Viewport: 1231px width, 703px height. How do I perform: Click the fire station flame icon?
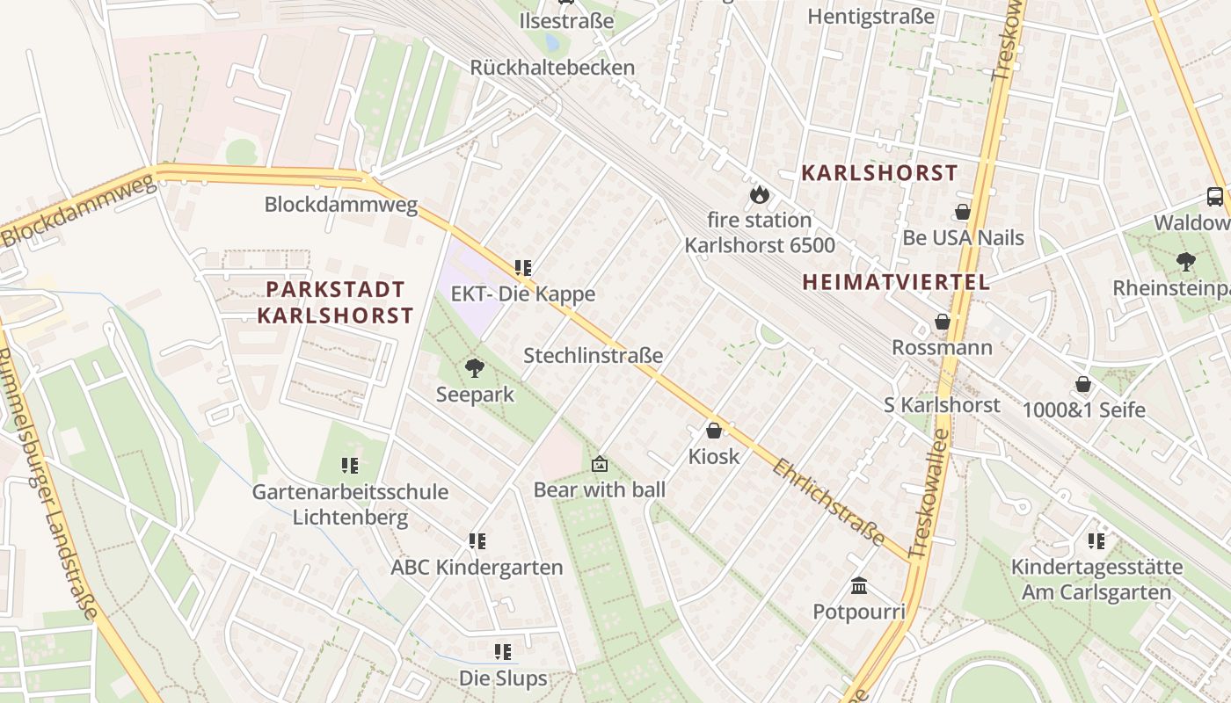click(758, 194)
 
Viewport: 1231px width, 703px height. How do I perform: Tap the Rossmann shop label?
click(942, 347)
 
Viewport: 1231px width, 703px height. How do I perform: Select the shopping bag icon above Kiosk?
click(714, 431)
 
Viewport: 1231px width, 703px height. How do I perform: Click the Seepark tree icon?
click(475, 367)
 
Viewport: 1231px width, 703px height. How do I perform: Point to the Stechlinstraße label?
click(593, 356)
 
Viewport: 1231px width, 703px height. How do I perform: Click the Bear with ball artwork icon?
click(600, 463)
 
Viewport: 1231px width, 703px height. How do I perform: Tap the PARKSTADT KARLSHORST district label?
click(335, 302)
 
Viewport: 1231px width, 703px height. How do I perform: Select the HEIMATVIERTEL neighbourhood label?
click(896, 282)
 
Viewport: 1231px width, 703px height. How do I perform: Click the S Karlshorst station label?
click(942, 405)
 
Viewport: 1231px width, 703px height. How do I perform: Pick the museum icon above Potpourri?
click(859, 585)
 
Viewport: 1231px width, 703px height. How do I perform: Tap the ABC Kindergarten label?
click(477, 568)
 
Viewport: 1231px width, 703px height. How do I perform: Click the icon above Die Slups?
click(503, 652)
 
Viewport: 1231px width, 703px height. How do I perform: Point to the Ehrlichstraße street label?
click(828, 502)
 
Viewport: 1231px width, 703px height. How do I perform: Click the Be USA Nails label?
click(963, 238)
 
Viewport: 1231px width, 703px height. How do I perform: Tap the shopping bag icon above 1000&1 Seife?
click(1083, 384)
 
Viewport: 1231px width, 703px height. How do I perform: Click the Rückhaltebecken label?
click(552, 68)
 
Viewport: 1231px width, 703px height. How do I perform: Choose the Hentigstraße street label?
click(870, 17)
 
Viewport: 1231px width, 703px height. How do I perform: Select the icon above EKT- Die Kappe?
click(523, 267)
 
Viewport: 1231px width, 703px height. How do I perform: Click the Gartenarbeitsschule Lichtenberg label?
click(350, 504)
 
